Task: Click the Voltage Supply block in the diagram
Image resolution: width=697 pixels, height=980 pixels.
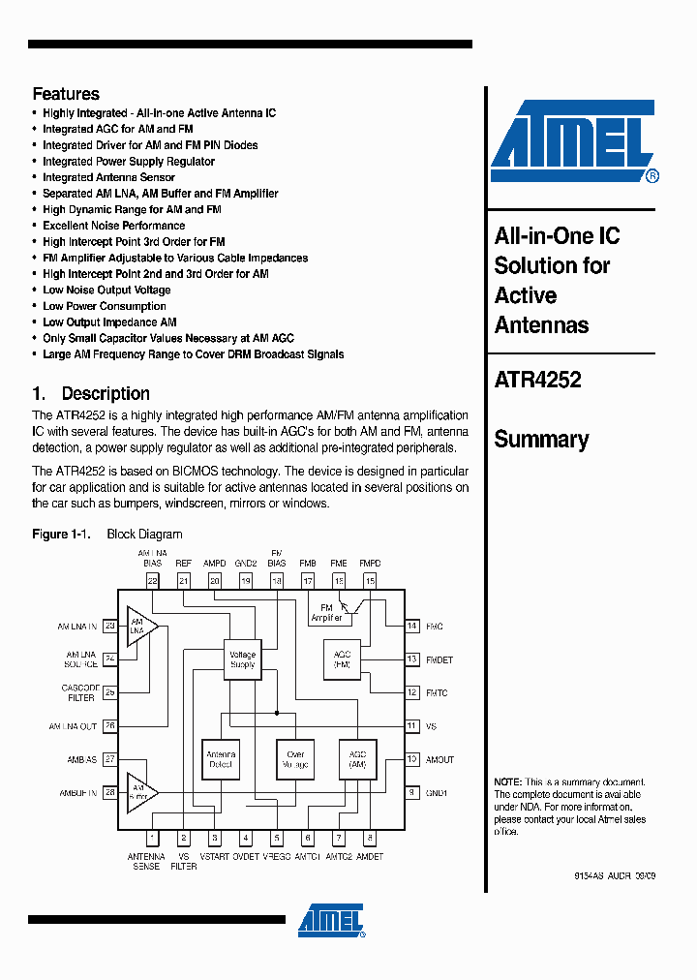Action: click(242, 659)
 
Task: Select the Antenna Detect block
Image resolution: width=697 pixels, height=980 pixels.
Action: click(221, 759)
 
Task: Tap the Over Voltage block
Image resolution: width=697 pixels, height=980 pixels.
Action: click(295, 759)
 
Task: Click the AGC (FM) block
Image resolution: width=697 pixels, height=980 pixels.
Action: click(342, 659)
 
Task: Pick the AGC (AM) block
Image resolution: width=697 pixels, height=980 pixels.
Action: click(357, 759)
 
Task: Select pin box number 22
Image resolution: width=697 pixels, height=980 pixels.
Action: click(153, 581)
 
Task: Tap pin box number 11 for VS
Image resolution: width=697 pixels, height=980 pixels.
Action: click(411, 726)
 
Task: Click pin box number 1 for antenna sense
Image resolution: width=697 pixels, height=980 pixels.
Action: click(153, 839)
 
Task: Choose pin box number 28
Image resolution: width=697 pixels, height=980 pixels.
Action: click(109, 793)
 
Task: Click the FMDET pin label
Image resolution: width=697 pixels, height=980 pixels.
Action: click(439, 660)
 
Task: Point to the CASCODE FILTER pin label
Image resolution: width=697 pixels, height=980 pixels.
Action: click(80, 692)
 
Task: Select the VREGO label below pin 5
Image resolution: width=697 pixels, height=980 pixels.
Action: click(277, 857)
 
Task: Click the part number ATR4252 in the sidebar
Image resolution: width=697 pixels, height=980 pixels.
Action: click(537, 381)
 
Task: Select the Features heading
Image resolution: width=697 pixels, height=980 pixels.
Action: click(66, 94)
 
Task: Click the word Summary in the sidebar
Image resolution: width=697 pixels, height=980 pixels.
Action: click(541, 440)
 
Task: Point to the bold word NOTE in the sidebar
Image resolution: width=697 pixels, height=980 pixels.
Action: click(507, 781)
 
